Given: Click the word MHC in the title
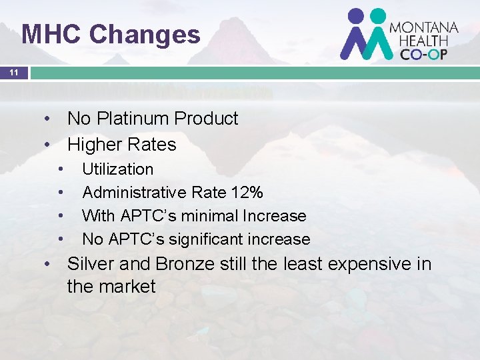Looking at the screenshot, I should (x=51, y=34).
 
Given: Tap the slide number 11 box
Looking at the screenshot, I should (x=14, y=73).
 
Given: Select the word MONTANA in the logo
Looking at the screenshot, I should (x=424, y=28).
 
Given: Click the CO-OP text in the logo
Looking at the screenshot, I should (x=424, y=54).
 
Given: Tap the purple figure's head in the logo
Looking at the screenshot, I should (x=356, y=16).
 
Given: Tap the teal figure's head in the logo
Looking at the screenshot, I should (x=378, y=16).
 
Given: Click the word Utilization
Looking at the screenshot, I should (x=117, y=169).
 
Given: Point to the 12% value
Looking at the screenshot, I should (x=247, y=193).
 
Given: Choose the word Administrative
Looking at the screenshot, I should (x=134, y=193).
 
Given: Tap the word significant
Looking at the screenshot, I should (x=207, y=239).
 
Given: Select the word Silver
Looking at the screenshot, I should (x=91, y=264).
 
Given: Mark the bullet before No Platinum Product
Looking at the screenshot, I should (x=48, y=119).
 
